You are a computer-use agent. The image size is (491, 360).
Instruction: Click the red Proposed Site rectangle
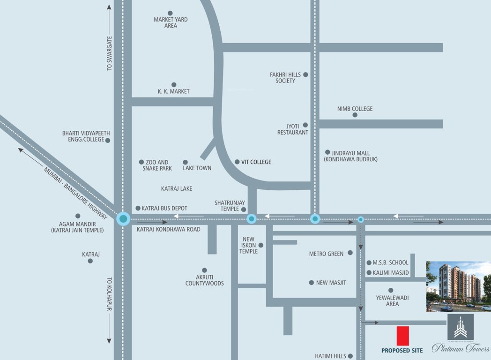tap(403, 336)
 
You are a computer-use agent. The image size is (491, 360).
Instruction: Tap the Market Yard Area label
tap(171, 22)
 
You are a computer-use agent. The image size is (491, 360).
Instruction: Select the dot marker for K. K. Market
tap(174, 85)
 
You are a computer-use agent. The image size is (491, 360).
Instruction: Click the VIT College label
tap(256, 162)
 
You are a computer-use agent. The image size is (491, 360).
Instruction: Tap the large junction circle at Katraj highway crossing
tap(123, 218)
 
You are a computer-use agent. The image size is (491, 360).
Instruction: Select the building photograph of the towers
tap(458, 286)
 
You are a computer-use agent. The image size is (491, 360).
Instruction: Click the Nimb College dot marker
tap(355, 115)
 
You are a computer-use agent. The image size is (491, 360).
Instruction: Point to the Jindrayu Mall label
tap(351, 156)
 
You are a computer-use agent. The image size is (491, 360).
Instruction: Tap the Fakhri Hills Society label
tap(285, 78)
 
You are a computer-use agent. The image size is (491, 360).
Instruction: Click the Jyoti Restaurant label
tap(292, 129)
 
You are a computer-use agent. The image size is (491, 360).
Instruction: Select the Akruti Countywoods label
tap(204, 280)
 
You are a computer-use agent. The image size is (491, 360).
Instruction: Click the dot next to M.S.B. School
tap(369, 263)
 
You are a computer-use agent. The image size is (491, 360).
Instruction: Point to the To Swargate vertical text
tap(110, 53)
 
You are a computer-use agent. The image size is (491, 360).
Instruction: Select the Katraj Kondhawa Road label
tap(169, 229)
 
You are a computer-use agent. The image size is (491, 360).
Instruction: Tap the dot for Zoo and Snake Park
tap(141, 162)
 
